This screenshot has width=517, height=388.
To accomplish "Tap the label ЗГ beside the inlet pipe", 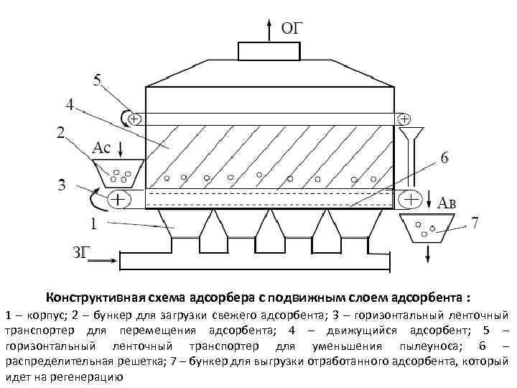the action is [x=84, y=252].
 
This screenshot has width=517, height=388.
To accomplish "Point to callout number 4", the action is [x=70, y=105].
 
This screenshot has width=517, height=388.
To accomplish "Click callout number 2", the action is [x=60, y=132].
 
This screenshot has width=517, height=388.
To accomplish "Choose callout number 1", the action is [x=93, y=224].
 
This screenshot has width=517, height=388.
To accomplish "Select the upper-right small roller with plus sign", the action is [x=405, y=118].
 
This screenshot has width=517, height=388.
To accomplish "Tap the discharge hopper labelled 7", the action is [x=429, y=228].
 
